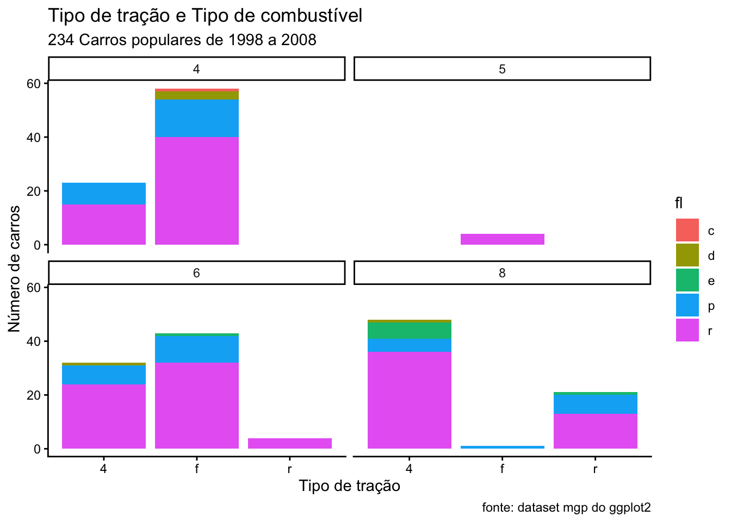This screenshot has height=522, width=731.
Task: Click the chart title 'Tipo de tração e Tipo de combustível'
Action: [x=205, y=15]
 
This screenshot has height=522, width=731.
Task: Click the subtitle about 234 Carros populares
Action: [x=182, y=40]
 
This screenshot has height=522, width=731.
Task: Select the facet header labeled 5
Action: [x=502, y=69]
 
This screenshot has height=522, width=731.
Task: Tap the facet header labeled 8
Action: [x=502, y=273]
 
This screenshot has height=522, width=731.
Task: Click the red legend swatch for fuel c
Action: [x=687, y=230]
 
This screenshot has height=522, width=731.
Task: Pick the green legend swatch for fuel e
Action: [x=687, y=280]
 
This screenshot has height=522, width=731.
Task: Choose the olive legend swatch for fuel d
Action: [x=687, y=255]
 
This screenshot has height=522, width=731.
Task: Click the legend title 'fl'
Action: [x=679, y=203]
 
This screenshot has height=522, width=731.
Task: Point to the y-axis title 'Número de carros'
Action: [x=14, y=269]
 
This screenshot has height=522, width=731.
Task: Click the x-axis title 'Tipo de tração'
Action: [x=349, y=486]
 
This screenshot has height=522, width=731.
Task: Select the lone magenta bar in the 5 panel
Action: [x=503, y=239]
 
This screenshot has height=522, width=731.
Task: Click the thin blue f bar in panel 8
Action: [x=503, y=448]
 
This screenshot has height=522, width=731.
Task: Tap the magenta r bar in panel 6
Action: [x=290, y=443]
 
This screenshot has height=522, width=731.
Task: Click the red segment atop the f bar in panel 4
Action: [x=197, y=90]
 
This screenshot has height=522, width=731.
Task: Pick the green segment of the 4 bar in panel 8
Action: [x=410, y=331]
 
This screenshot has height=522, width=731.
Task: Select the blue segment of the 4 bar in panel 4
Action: [x=104, y=194]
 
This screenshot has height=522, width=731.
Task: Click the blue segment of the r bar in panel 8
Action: [x=596, y=404]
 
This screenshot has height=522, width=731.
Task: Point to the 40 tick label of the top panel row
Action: [x=33, y=138]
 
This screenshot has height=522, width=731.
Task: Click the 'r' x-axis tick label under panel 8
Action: [x=595, y=469]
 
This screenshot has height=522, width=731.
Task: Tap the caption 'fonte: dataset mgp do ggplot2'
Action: [x=567, y=507]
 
